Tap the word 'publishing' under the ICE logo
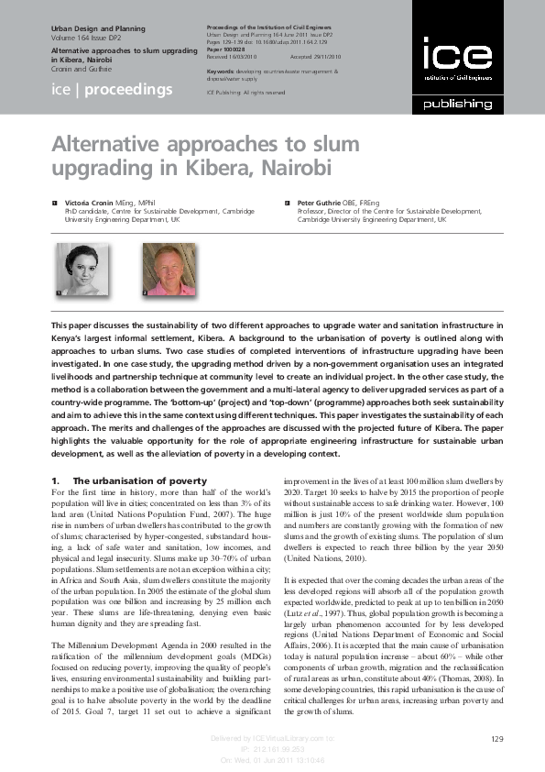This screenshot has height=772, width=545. (456, 104)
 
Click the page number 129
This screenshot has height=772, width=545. (498, 739)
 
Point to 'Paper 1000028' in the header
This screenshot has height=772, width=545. (225, 49)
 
